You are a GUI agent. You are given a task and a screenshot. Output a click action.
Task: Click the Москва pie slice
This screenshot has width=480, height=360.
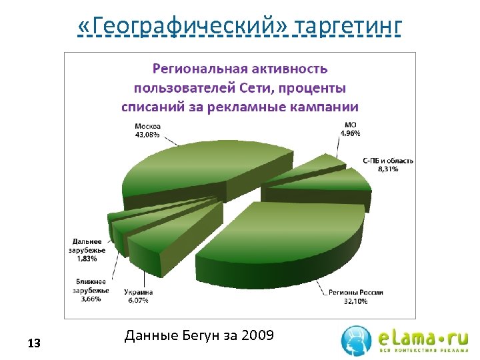tap(200, 170)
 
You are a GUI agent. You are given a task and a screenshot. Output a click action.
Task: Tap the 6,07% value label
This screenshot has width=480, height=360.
tap(138, 300)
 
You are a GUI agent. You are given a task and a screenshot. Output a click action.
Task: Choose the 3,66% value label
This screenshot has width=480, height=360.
tap(88, 299)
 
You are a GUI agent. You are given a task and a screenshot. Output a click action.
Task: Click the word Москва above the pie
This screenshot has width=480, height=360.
tap(148, 126)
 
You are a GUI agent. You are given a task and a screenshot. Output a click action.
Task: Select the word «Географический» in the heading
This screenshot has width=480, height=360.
tap(184, 27)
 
